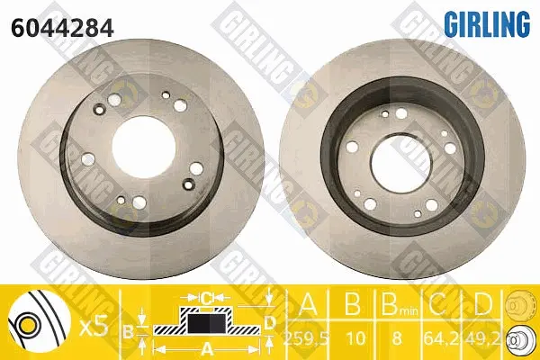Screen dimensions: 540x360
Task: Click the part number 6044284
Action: coord(62,28)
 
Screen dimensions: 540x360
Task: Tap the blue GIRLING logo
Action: coord(487,23)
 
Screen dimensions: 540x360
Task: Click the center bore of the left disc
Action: coord(144,147)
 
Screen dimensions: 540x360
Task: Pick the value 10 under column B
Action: coord(355,338)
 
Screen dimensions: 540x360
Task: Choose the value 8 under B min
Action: coord(397,338)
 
